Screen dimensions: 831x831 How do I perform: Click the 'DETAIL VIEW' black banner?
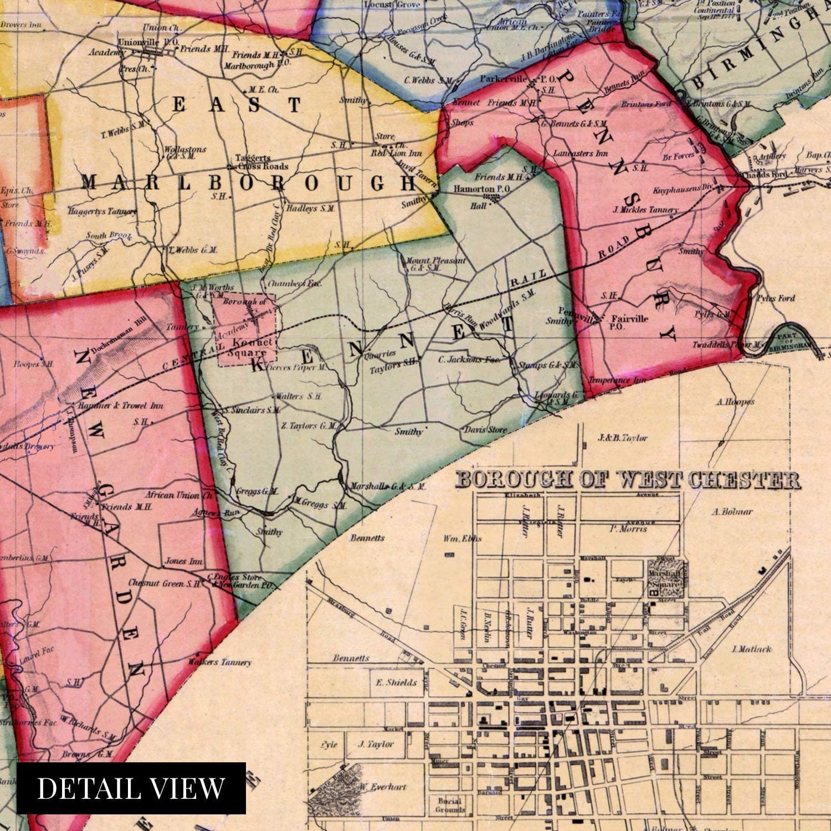pyautogui.click(x=131, y=788)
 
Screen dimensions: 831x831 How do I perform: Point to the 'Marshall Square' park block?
pyautogui.click(x=663, y=578)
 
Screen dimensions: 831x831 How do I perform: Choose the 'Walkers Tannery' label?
pyautogui.click(x=219, y=662)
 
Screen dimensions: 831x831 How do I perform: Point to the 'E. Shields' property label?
pyautogui.click(x=396, y=683)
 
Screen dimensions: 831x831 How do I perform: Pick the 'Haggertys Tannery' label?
pyautogui.click(x=102, y=211)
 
